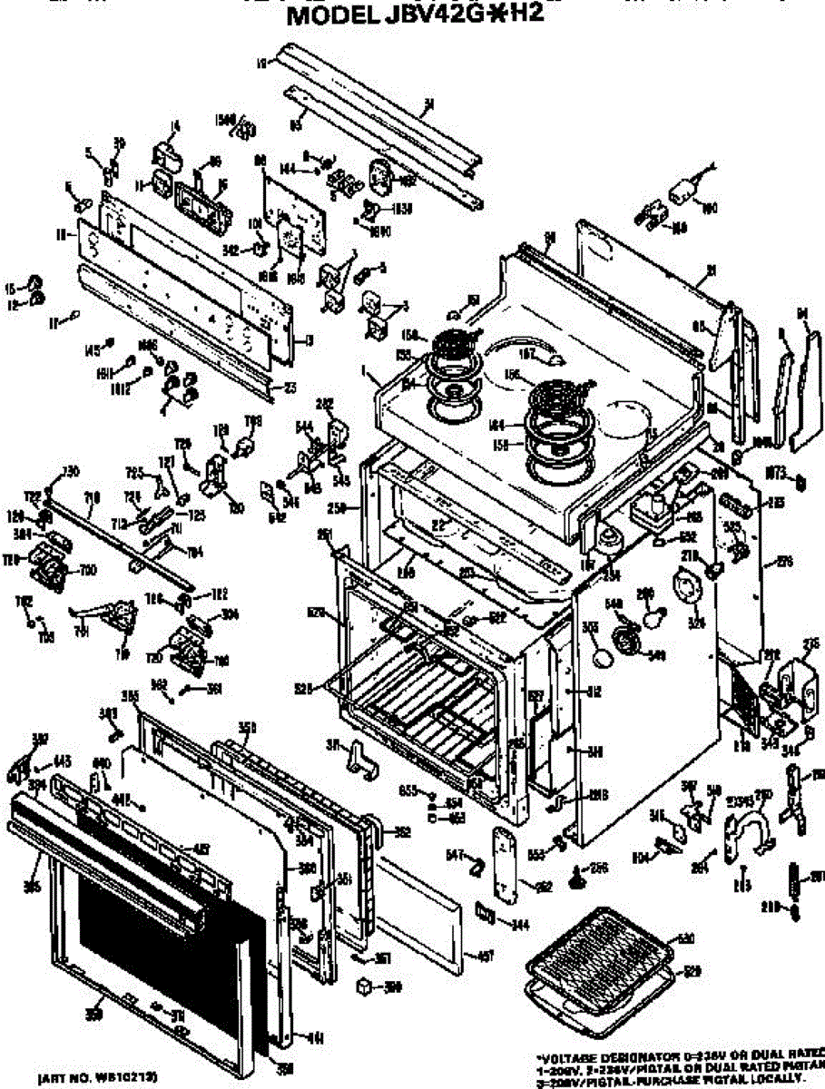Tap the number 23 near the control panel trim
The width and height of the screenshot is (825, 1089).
click(290, 388)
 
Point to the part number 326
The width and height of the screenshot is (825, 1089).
click(697, 623)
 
